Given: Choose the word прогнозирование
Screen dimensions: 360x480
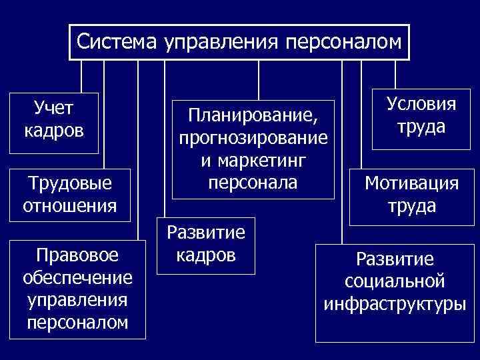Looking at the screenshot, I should coord(252,139).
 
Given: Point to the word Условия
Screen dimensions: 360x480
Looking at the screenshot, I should coord(421,104).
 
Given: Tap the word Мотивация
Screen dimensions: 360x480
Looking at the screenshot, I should coord(412,183).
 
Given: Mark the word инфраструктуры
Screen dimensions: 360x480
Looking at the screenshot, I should coord(395,305).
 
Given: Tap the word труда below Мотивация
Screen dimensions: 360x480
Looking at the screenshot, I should coord(412,206).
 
